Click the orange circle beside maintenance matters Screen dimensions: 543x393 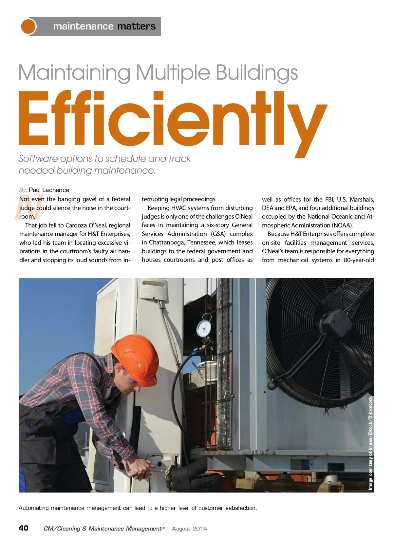click(28, 26)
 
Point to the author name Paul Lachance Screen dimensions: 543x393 click(49, 190)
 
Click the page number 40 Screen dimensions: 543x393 click(24, 528)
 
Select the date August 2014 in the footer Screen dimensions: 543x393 click(189, 529)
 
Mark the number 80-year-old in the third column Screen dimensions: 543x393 click(359, 260)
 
